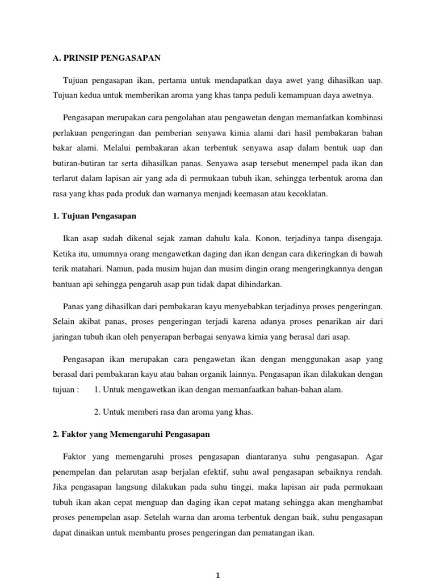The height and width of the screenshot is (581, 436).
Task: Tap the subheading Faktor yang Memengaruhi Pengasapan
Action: (x=131, y=435)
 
